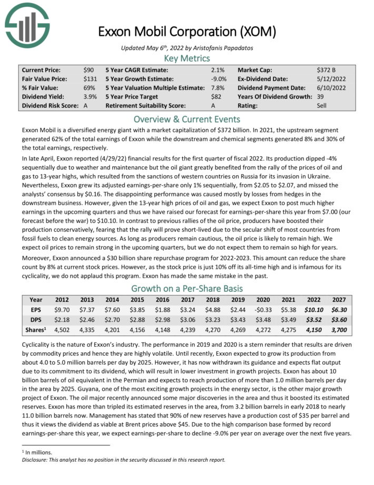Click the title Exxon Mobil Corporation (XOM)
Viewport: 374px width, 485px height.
187,32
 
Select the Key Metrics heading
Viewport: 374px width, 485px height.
187,58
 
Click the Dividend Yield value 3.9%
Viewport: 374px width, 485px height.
90,97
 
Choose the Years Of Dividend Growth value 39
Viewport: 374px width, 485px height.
320,97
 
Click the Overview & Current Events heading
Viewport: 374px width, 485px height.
187,119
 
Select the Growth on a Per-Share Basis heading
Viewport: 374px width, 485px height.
187,288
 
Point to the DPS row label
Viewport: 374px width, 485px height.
36,320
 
